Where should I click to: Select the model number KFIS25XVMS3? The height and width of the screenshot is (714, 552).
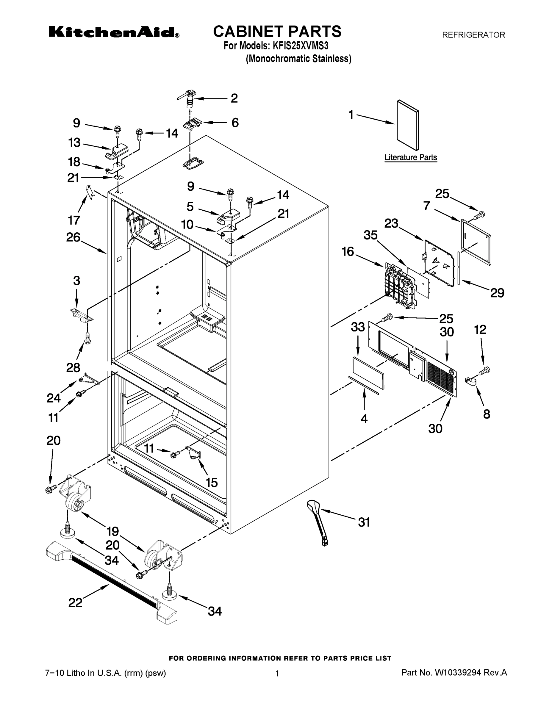tap(300, 46)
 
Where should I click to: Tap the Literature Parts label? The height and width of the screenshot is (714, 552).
tap(410, 157)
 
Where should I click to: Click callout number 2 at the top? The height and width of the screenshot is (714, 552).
tap(234, 98)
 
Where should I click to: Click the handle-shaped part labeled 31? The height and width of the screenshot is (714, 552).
tap(318, 523)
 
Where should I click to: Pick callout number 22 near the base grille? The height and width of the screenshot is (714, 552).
tap(75, 602)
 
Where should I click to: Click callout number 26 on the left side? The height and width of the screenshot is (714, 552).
tap(73, 237)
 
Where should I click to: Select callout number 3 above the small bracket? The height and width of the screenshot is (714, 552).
tap(76, 281)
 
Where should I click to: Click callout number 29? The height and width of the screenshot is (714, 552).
tap(497, 293)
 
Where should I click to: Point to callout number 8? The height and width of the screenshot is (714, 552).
tap(487, 414)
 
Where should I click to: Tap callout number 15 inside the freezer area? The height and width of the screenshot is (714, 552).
tap(212, 482)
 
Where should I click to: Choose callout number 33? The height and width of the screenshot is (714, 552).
tap(358, 327)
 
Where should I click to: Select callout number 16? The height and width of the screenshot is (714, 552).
tap(348, 251)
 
